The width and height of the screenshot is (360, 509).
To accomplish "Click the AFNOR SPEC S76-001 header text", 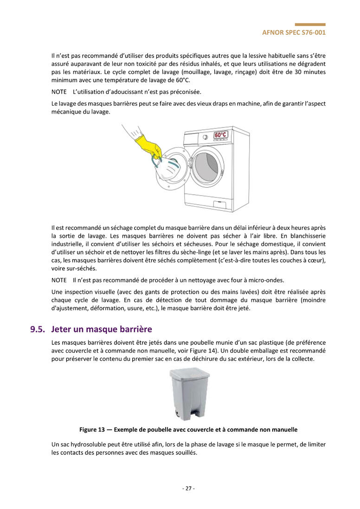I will click(294, 32).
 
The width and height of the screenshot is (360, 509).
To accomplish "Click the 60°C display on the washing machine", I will click(220, 135).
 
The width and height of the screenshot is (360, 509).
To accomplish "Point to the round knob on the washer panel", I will click(205, 137).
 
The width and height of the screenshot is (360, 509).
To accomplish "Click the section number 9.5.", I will click(39, 330).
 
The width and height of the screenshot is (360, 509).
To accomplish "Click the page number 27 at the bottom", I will click(188, 488).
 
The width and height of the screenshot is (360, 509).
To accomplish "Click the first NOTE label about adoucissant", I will click(59, 91).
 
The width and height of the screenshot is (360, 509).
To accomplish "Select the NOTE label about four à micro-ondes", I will click(59, 280).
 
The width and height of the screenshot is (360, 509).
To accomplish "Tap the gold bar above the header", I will click(310, 25).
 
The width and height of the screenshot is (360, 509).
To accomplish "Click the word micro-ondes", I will click(268, 280).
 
